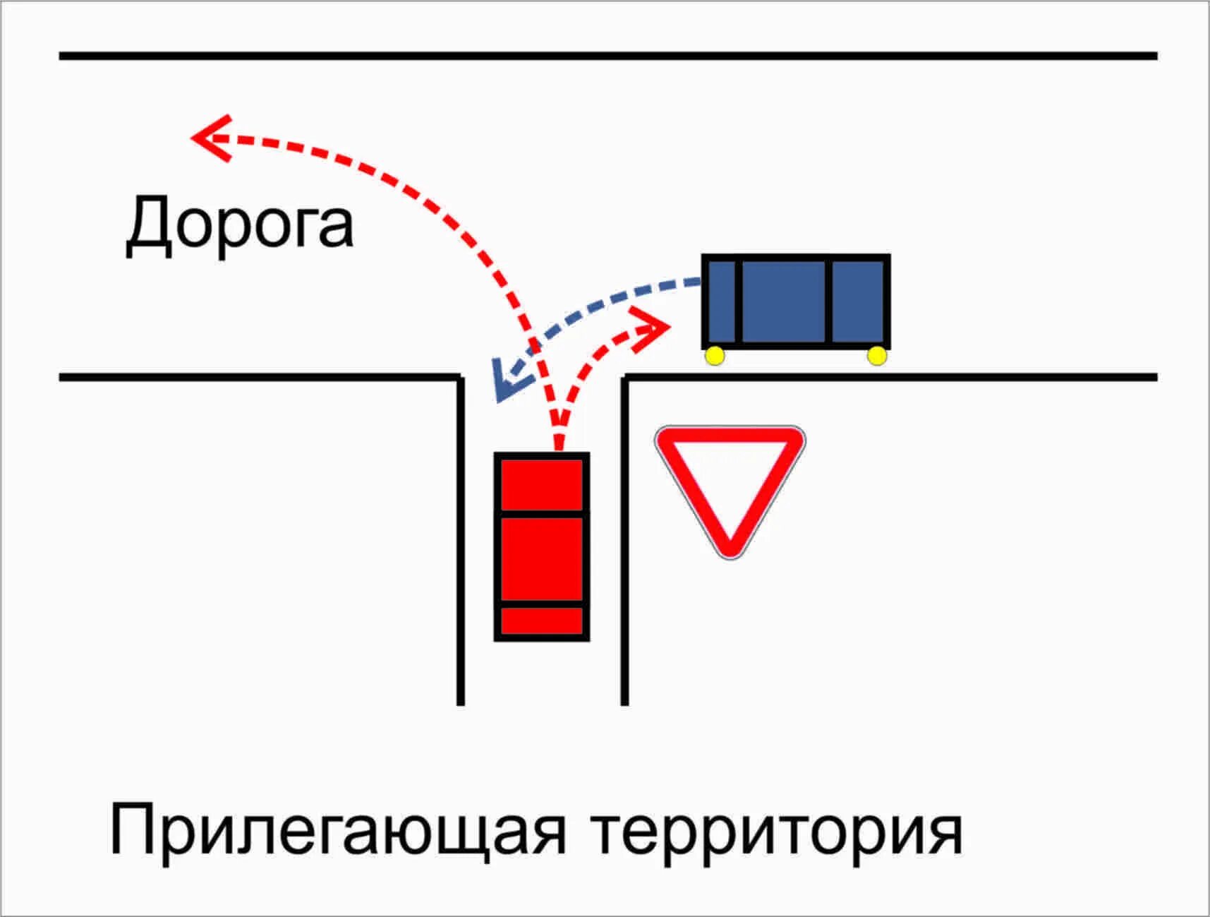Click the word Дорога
pos(239,224)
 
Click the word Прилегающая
pos(337,831)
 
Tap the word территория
pos(776,831)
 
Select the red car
pos(542,547)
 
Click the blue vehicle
pos(796,302)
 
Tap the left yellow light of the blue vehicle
pos(715,356)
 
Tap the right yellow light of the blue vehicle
pos(877,356)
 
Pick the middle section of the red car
pos(542,559)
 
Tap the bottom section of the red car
pos(542,621)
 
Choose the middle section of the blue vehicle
pos(784,302)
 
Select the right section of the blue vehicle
pos(858,302)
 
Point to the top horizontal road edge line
pos(607,55)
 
